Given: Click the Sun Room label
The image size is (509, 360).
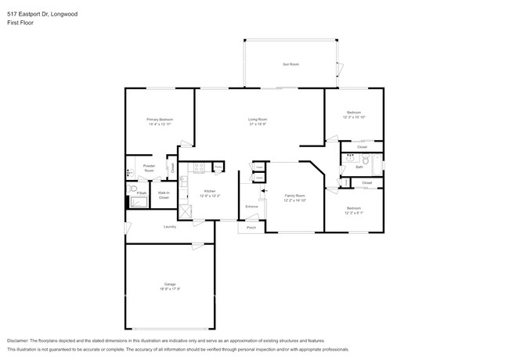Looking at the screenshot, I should point(291,64).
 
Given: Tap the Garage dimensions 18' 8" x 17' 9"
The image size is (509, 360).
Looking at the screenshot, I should point(170,289).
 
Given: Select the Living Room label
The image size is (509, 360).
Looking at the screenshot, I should point(258,119).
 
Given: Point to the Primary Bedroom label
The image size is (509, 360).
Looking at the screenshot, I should point(160,119).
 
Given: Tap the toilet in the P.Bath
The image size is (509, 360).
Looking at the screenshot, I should point(134,189).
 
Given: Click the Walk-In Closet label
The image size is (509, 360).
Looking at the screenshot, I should point(164,195).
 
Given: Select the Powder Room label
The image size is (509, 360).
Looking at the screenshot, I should point(148,168).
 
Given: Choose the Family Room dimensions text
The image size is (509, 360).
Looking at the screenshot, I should point(294,200).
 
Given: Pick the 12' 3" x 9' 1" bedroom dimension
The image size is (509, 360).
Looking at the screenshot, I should point(354,212).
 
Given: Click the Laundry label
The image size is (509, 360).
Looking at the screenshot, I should point(169,227).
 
